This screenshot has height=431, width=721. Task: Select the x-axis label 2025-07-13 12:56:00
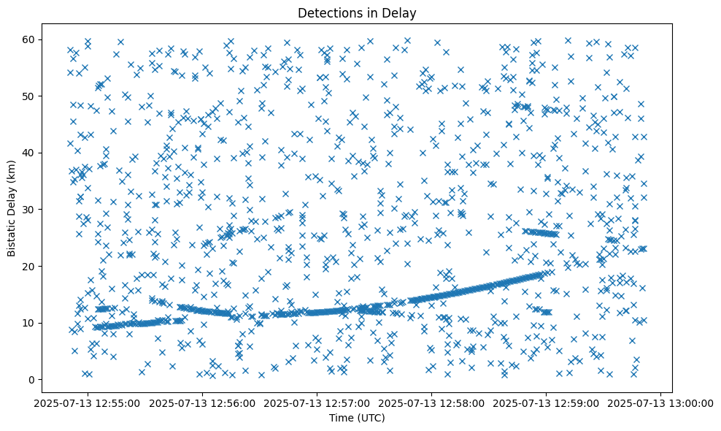coord(203,403)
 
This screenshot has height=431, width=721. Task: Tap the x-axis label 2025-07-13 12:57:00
coord(317,403)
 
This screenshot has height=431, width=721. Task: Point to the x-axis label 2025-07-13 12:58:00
coord(432,403)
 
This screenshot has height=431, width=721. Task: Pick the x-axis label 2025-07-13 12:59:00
coord(547,403)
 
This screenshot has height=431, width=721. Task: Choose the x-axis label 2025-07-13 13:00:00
coord(661,403)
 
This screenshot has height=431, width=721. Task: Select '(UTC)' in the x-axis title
coord(374,418)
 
